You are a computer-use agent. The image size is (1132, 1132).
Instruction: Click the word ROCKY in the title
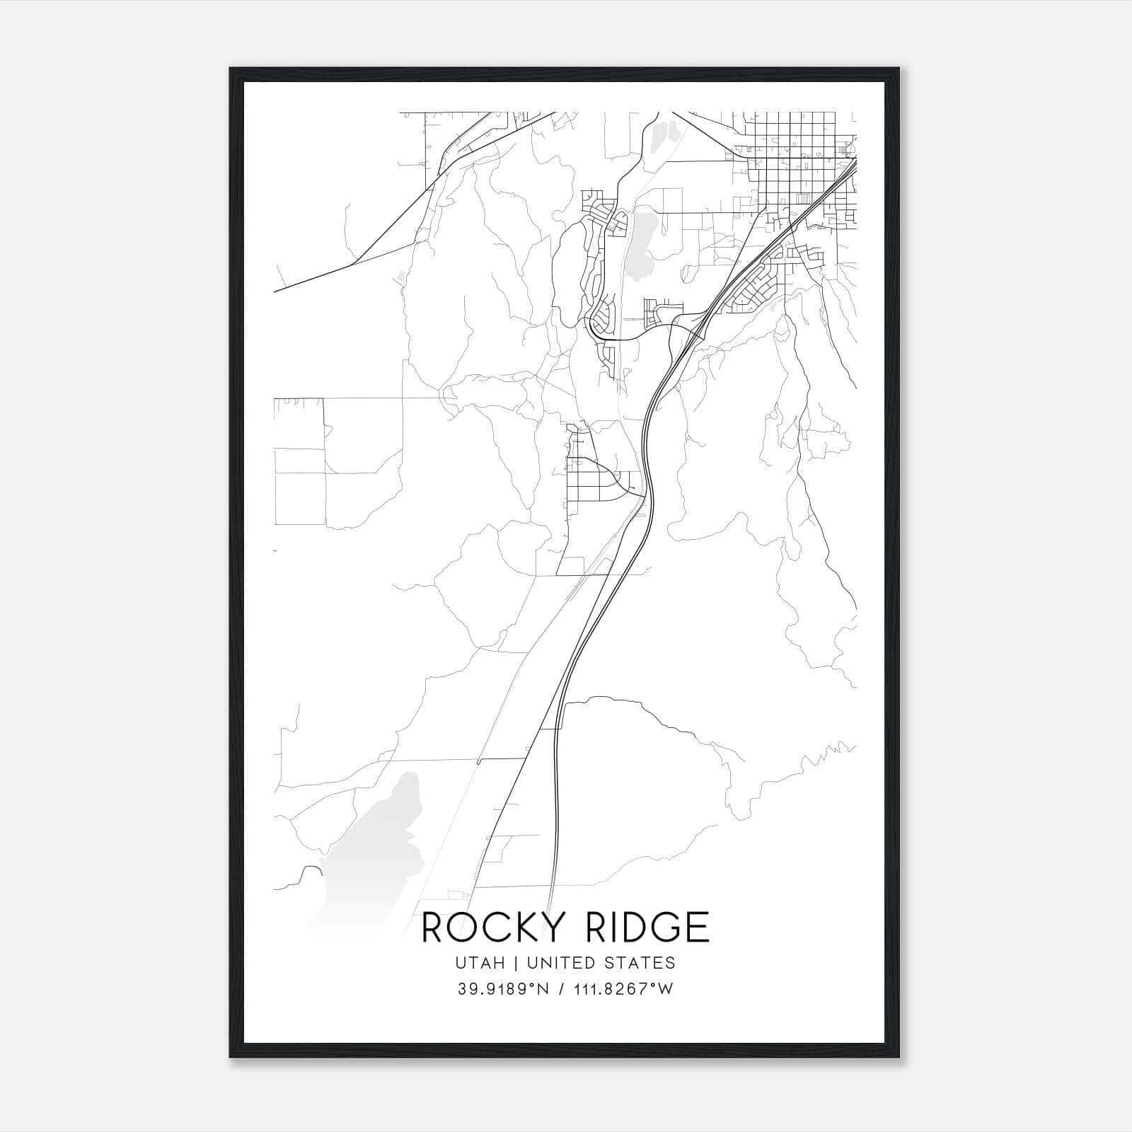coord(486,928)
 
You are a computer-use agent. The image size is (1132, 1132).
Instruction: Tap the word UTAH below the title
coord(481,963)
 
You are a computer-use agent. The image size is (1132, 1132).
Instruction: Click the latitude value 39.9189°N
coord(503,989)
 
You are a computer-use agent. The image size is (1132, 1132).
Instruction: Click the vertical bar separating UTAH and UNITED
coord(516,963)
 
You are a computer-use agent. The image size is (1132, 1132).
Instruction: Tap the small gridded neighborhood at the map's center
coord(591,481)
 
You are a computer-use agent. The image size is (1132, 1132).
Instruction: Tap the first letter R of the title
coord(433,928)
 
